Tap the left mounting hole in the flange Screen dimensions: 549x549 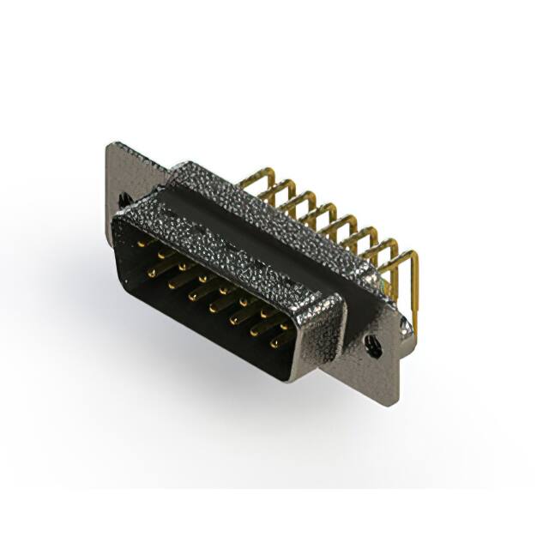click(125, 198)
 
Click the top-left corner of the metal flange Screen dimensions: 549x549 click(110, 146)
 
